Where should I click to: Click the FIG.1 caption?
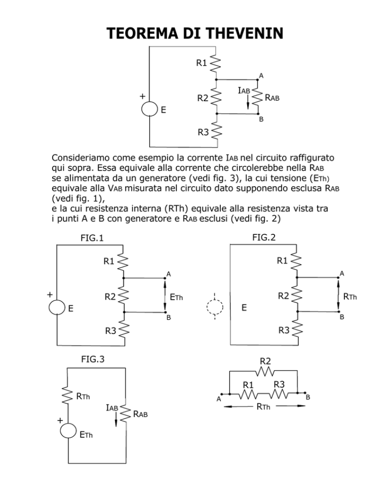click(x=92, y=238)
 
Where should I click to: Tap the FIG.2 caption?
click(x=264, y=237)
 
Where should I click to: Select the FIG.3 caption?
click(x=93, y=359)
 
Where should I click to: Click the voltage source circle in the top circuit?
click(x=149, y=109)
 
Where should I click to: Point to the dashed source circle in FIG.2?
click(x=215, y=307)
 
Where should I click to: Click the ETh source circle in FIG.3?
click(x=68, y=431)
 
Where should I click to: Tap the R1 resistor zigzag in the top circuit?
click(x=216, y=64)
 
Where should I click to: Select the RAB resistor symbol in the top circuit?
click(x=258, y=97)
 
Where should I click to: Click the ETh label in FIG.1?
click(x=176, y=298)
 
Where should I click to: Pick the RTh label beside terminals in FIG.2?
click(x=350, y=297)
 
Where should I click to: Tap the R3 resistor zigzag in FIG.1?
click(x=124, y=329)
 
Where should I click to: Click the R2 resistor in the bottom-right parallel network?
click(x=265, y=371)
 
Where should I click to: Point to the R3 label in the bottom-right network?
click(x=279, y=384)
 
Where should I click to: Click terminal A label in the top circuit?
click(x=261, y=76)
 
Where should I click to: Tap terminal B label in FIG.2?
click(x=342, y=317)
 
